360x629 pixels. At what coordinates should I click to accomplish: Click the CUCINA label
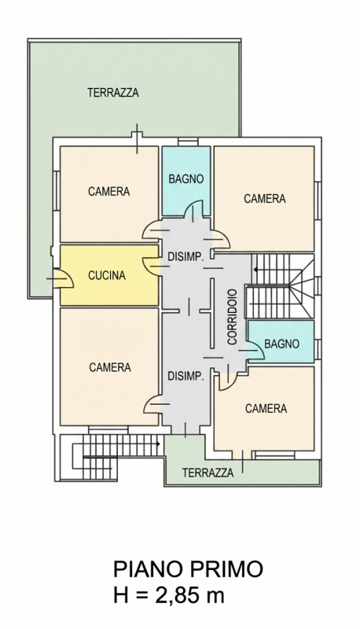tap(107, 276)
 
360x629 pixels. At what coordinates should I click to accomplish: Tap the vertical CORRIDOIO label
tap(233, 317)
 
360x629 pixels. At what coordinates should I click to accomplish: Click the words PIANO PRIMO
tap(188, 569)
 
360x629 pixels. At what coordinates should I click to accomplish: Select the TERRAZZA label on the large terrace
tap(113, 93)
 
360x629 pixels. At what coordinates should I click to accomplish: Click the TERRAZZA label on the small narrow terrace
tap(208, 473)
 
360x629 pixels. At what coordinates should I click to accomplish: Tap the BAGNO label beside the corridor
tap(282, 344)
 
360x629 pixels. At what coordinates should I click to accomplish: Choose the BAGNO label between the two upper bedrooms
tap(186, 179)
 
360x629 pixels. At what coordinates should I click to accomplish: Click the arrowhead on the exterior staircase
tap(158, 444)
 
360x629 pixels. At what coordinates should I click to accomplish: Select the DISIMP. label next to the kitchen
tap(186, 257)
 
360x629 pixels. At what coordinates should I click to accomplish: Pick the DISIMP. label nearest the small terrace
tap(186, 377)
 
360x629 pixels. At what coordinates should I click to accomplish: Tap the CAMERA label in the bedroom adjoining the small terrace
tap(266, 408)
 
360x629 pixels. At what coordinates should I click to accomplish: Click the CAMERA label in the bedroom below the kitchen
tap(110, 367)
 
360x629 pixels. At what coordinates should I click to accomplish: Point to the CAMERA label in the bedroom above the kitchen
tap(109, 191)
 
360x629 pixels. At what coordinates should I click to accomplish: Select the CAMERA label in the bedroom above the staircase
tap(265, 198)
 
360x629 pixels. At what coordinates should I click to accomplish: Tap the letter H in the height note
tap(119, 595)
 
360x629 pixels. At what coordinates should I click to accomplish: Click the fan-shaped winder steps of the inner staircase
tap(303, 285)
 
